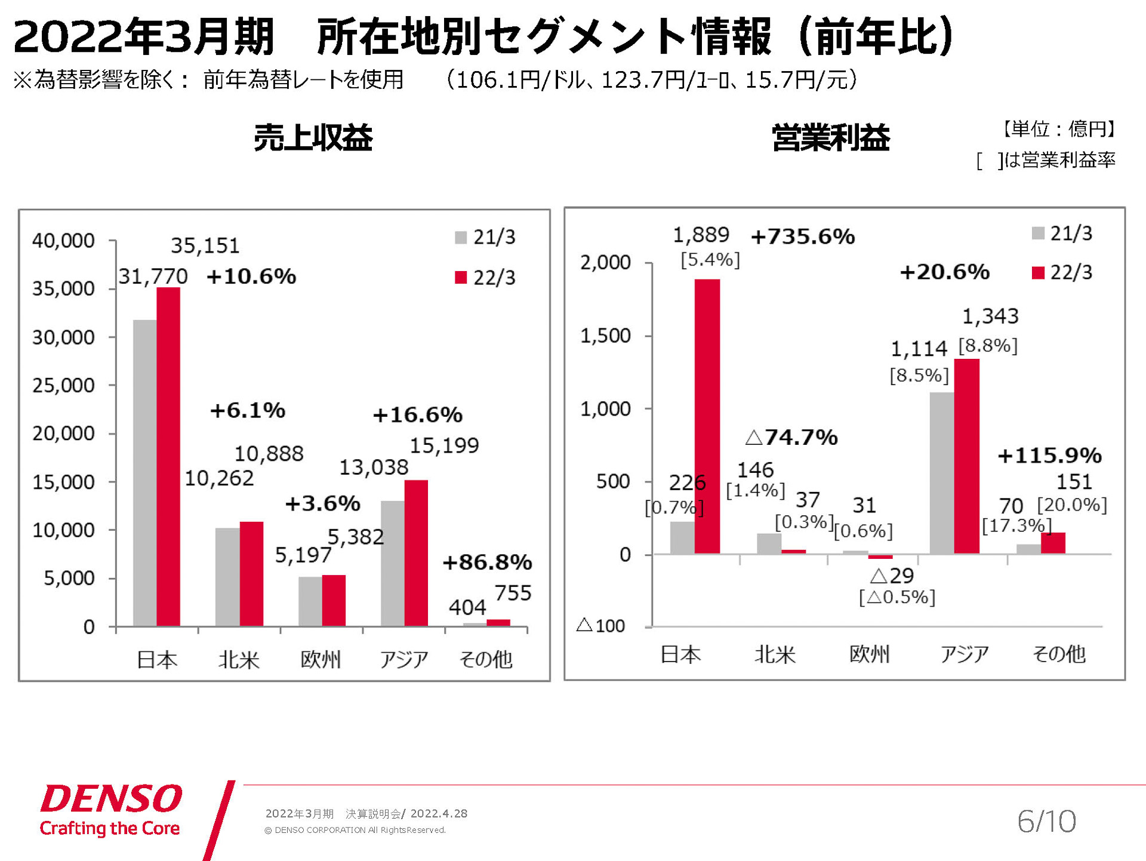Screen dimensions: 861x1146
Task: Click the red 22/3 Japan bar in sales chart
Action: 168,457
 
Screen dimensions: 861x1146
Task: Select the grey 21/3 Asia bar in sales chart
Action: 393,563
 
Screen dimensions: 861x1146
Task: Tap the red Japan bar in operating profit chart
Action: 707,416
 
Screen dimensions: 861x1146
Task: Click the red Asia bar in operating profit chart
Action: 967,456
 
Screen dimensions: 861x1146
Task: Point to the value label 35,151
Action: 205,245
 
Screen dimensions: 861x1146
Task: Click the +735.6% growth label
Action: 803,237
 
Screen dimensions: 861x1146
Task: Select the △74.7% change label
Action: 792,437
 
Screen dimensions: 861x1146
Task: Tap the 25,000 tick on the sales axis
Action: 63,385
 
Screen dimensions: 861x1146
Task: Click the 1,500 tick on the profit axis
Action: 605,336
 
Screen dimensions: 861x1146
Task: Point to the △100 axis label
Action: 601,626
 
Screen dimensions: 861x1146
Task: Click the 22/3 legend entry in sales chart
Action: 485,278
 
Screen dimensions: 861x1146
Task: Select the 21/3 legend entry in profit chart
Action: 1062,233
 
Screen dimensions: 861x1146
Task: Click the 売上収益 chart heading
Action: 313,138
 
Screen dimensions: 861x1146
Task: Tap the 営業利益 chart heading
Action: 830,138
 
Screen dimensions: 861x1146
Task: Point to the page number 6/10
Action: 1046,821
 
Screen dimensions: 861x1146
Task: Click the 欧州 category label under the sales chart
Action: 321,659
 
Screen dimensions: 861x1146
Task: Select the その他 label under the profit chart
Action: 1059,654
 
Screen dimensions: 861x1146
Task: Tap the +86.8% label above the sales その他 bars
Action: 487,562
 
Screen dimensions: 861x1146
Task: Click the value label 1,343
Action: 990,316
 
